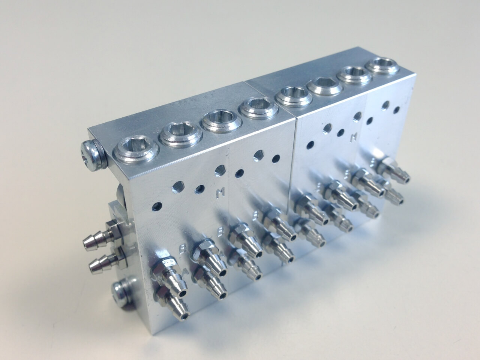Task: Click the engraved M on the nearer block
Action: [x=220, y=193]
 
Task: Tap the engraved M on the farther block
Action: [x=352, y=138]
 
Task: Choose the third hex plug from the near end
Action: [x=218, y=120]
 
